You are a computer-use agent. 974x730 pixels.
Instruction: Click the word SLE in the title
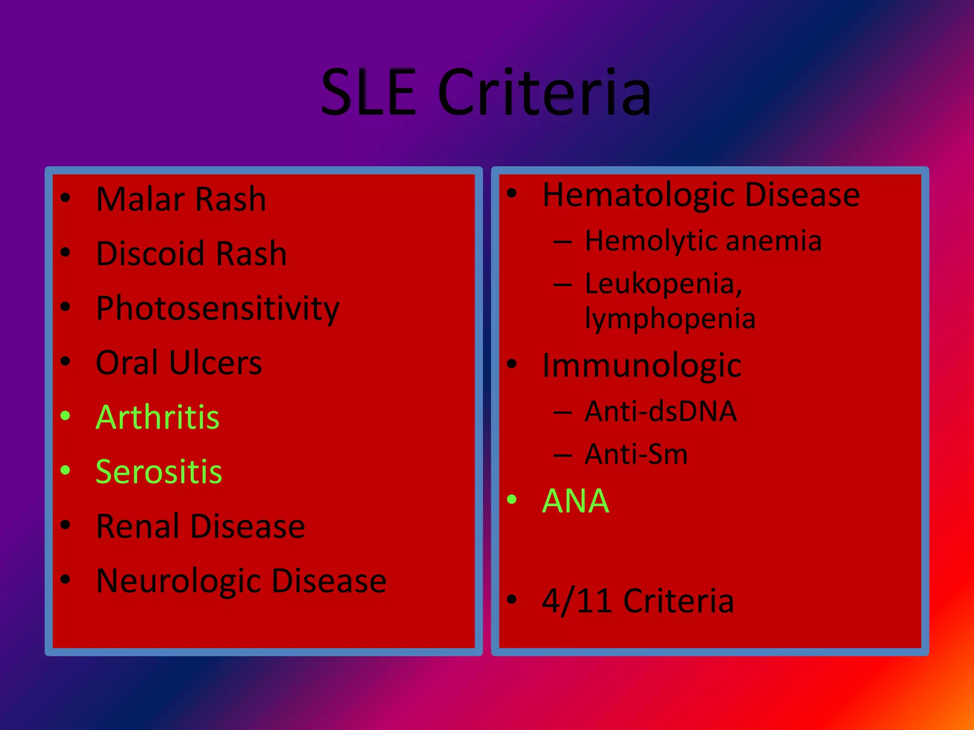(369, 92)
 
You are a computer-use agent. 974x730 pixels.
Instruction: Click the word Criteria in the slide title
(544, 92)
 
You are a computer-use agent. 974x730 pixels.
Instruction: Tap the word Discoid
(150, 253)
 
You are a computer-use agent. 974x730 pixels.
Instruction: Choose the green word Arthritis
(157, 417)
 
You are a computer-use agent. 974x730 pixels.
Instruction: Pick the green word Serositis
(159, 472)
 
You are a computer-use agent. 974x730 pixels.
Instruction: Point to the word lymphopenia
(670, 318)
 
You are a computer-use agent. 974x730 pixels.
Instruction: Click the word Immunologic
(642, 366)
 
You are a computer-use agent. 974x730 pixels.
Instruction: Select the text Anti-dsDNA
(661, 412)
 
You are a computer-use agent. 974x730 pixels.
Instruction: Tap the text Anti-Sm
(636, 454)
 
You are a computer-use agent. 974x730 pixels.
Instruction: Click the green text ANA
(575, 501)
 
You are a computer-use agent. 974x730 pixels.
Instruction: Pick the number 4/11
(576, 601)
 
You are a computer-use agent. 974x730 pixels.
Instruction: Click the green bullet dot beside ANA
(512, 499)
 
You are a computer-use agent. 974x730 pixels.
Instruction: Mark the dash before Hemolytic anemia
(562, 241)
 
